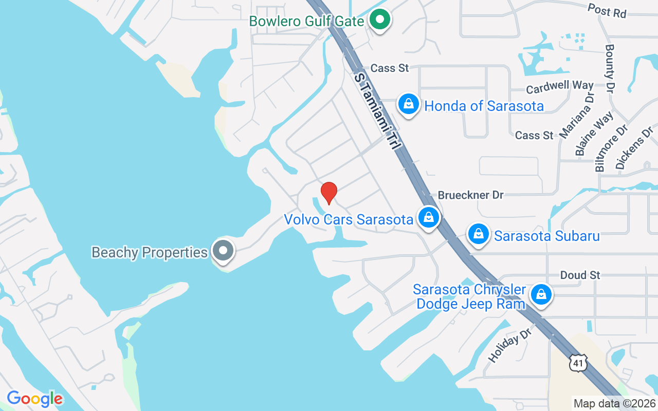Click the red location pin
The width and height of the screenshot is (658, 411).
coord(328,193)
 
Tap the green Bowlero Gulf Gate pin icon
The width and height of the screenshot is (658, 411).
coord(380,20)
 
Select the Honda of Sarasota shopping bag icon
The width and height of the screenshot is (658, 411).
coord(409,104)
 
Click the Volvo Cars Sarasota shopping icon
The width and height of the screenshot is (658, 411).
coord(428,218)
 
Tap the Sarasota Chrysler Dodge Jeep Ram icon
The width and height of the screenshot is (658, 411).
coord(541,295)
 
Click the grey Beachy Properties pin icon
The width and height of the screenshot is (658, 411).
coord(223,251)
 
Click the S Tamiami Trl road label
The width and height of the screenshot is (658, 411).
coord(377,110)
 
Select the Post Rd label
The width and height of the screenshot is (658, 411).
coord(607,10)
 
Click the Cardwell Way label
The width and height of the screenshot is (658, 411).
coord(560,87)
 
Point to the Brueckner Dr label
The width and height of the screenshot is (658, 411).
coord(470,195)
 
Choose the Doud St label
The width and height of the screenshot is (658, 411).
coord(580,275)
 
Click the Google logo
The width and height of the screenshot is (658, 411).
coord(35,399)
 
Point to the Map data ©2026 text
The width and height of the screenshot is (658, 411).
coord(615,403)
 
